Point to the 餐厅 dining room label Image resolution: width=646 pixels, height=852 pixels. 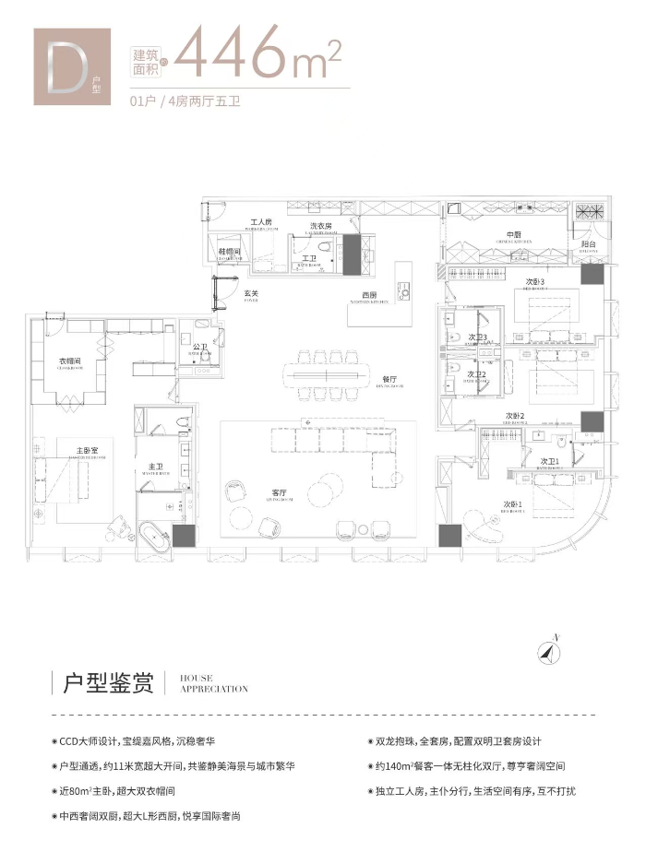(389, 379)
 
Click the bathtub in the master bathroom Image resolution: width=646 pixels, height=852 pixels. (151, 537)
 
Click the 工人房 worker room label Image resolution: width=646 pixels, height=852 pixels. (261, 223)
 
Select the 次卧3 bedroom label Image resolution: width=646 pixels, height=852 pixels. (536, 282)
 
